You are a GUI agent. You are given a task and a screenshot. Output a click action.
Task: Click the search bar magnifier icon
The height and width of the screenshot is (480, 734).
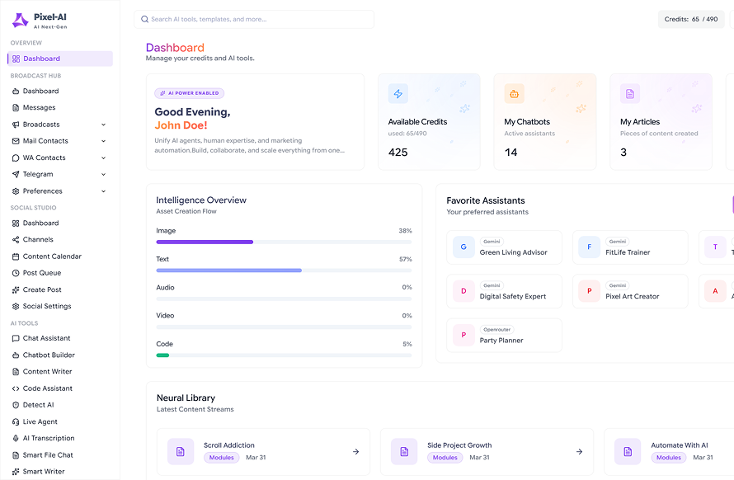(x=144, y=19)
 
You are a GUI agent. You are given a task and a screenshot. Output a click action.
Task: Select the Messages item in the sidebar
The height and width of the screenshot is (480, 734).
(x=40, y=108)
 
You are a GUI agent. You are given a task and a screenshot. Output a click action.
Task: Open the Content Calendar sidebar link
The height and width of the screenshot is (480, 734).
(x=52, y=256)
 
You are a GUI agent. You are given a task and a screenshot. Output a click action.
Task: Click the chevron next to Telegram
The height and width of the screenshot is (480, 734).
(x=103, y=175)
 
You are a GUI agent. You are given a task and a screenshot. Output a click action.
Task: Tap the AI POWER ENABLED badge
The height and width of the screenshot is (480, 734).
(x=189, y=93)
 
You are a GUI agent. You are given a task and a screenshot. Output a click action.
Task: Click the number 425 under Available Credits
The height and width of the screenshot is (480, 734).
(x=398, y=153)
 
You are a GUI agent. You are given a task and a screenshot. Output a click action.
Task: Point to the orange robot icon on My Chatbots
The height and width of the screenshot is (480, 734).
(x=514, y=94)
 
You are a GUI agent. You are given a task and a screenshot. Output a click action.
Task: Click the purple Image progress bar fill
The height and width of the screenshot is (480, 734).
(x=205, y=242)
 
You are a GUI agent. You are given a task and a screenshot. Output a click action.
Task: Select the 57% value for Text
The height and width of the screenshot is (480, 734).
(x=406, y=259)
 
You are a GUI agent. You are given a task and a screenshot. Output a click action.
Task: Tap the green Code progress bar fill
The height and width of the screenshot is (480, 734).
(x=162, y=355)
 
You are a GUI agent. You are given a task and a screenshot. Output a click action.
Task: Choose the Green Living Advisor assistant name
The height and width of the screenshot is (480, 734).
(x=514, y=252)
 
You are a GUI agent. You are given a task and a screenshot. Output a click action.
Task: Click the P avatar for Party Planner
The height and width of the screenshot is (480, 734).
(x=463, y=335)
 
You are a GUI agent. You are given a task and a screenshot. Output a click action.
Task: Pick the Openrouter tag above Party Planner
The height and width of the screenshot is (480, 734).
(x=497, y=330)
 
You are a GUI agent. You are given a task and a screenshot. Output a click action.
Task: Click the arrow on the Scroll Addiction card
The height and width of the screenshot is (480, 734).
(x=355, y=452)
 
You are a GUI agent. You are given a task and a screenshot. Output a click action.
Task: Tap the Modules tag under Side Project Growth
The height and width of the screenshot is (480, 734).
(x=445, y=458)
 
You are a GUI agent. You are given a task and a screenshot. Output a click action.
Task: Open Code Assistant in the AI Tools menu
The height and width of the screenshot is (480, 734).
(x=48, y=388)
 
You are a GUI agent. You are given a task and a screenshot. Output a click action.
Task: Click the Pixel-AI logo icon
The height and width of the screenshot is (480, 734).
(x=20, y=20)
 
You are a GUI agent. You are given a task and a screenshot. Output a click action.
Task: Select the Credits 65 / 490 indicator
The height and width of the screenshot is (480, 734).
(x=691, y=19)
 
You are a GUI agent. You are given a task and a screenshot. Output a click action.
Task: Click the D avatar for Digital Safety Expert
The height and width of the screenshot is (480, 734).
(x=463, y=291)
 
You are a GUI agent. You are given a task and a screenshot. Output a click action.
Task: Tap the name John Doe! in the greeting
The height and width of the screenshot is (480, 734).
(x=181, y=125)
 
